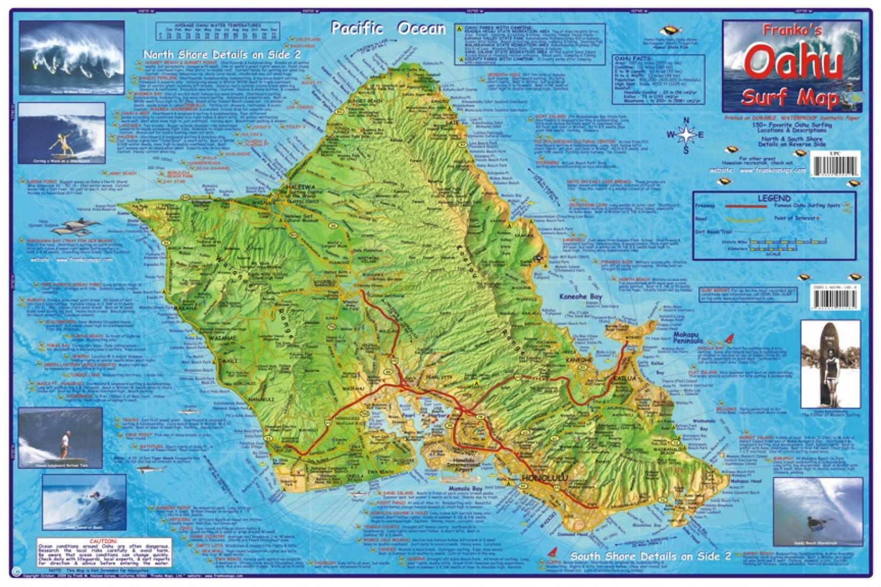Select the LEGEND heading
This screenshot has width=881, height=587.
[774, 198]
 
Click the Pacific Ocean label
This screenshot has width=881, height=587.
[388, 28]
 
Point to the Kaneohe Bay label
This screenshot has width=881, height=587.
[580, 296]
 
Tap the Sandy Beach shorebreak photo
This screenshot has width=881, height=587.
[817, 511]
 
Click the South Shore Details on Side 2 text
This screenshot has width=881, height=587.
[650, 556]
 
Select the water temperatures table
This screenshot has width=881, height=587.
[219, 31]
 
